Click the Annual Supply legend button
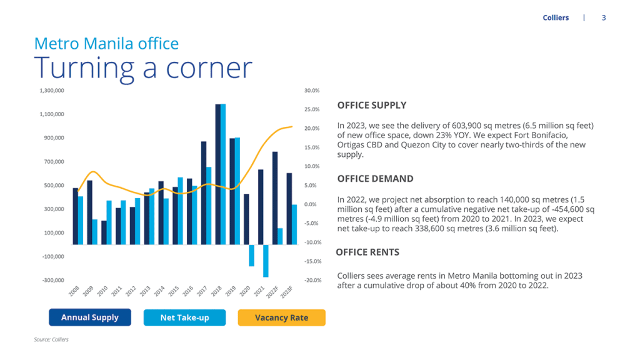click(89, 317)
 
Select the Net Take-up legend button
click(184, 317)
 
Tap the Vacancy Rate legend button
click(281, 317)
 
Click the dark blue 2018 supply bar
click(217, 174)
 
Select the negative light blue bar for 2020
click(251, 256)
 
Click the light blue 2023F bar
click(294, 224)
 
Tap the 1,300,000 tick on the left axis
click(51, 91)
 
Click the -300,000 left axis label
click(52, 280)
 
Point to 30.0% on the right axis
click(312, 91)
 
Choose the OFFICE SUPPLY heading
click(372, 105)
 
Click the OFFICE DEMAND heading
click(375, 179)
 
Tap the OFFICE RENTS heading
click(367, 252)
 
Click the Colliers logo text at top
click(556, 17)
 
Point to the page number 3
click(604, 17)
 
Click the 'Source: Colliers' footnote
click(51, 339)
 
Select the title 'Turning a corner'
click(143, 67)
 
